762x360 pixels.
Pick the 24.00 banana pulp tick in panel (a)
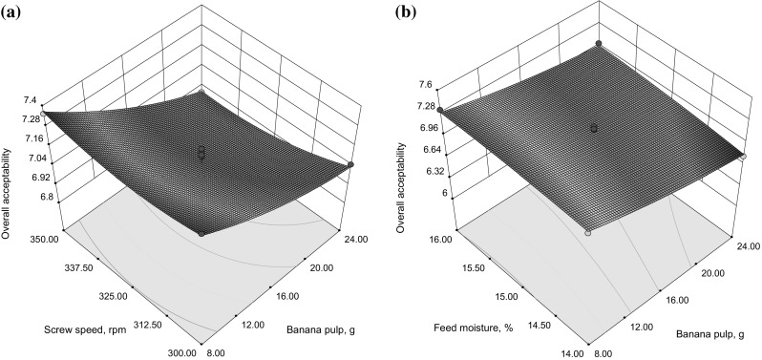tap(357, 231)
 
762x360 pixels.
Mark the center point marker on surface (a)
tap(201, 152)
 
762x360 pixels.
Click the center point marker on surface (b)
tap(594, 127)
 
